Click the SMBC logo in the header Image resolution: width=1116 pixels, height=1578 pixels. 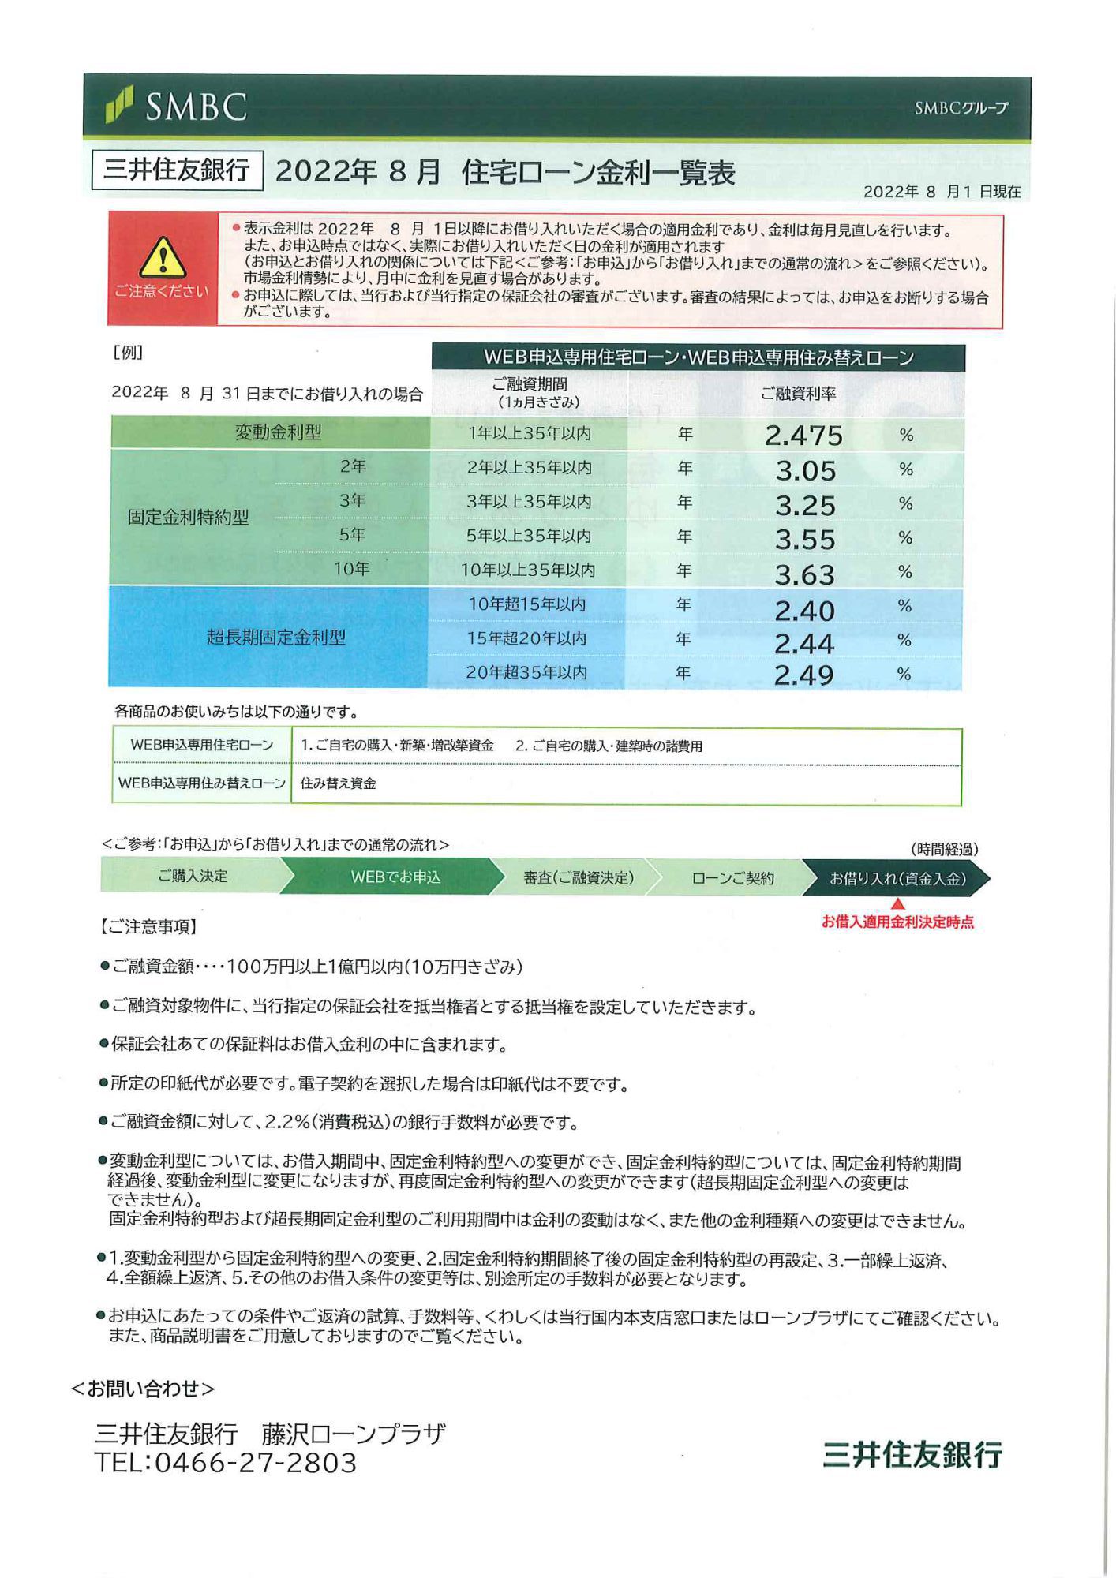[177, 107]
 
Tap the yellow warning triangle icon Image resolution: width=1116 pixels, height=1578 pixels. [162, 257]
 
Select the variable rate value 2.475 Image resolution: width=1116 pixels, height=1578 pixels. [803, 436]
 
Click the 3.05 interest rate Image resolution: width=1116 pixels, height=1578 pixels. [805, 470]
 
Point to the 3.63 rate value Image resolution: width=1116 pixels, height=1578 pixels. [804, 574]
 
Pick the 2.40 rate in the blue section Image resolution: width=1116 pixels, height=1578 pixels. [804, 610]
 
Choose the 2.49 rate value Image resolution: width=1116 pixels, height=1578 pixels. [803, 675]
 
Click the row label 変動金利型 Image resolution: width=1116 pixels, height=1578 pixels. [278, 432]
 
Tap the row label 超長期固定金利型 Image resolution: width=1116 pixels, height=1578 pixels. [275, 638]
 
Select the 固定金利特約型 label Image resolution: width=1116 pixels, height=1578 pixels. [188, 518]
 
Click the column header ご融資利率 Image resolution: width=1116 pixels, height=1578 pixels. [797, 393]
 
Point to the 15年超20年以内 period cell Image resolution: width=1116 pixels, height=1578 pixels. [526, 638]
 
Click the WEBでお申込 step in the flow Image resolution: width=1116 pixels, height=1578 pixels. [395, 877]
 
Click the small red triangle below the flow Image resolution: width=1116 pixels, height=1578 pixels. [897, 904]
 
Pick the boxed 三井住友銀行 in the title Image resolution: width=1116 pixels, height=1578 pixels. [177, 170]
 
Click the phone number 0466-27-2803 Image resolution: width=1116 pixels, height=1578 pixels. [255, 1463]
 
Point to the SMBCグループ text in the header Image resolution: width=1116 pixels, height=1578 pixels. [961, 108]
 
